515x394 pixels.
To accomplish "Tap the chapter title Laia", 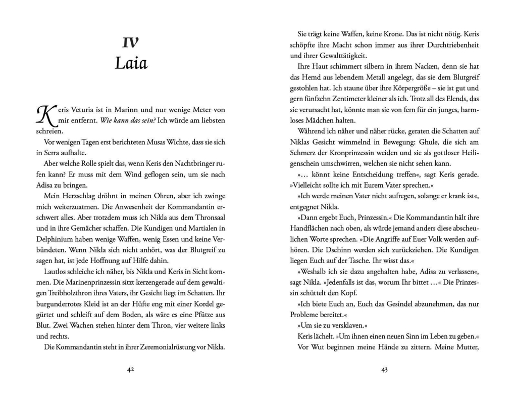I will (131, 63).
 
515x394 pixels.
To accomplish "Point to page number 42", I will (131, 370).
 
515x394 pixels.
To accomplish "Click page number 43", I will (384, 370).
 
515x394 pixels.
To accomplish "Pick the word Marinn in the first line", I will (126, 110).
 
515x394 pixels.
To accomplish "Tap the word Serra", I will (54, 153).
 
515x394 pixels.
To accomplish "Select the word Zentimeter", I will (353, 99).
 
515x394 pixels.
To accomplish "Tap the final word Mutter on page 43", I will (465, 347).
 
